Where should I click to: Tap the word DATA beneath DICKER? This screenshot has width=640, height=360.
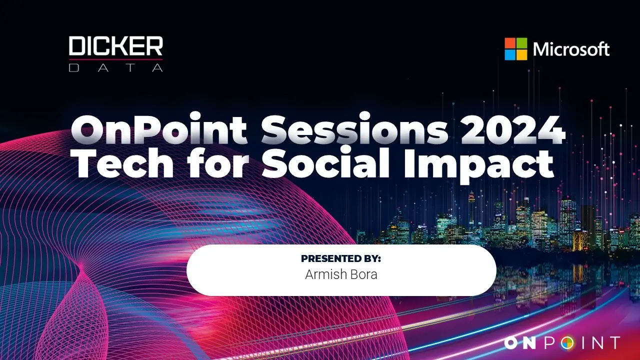click(x=115, y=67)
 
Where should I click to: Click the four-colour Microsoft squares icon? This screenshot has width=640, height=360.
click(x=515, y=49)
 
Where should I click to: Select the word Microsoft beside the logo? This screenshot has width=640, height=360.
click(x=571, y=49)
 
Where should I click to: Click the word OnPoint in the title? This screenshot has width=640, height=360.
click(x=158, y=129)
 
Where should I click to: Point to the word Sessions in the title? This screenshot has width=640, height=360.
click(x=354, y=128)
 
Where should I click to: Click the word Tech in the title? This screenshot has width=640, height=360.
click(x=122, y=163)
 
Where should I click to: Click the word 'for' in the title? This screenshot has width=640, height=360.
click(x=217, y=162)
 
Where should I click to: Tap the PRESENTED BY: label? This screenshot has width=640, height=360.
click(x=341, y=258)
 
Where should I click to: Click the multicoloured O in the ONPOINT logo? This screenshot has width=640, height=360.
click(x=567, y=343)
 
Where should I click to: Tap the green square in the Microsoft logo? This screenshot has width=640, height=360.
click(x=522, y=43)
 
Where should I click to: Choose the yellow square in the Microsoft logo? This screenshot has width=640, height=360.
click(x=522, y=55)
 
